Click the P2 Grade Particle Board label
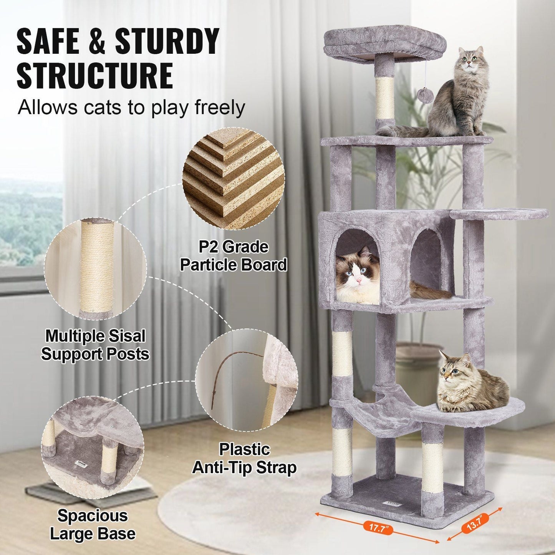point(234,256)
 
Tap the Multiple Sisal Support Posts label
point(95,345)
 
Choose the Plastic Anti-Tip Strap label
point(244,459)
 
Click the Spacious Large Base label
point(93,525)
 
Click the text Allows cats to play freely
point(131,108)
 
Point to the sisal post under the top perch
point(384,98)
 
